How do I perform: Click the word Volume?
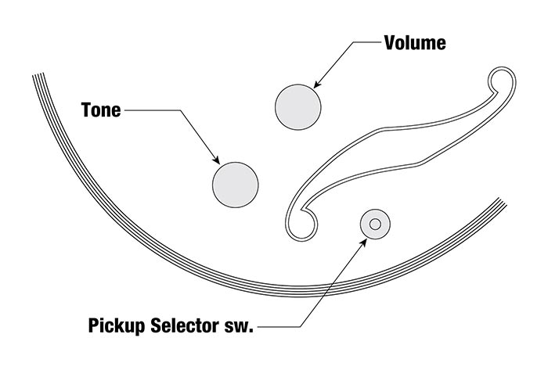pos(415,42)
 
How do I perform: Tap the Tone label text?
pos(101,110)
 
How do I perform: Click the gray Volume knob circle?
pos(299,106)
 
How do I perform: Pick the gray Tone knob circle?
pos(236,185)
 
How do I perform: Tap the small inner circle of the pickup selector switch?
pos(375,225)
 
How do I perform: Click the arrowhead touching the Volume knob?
pos(315,84)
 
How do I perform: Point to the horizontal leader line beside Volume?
pos(364,42)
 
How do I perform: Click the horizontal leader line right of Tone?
pos(153,110)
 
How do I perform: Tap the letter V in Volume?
pos(389,42)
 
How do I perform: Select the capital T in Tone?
pos(85,110)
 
